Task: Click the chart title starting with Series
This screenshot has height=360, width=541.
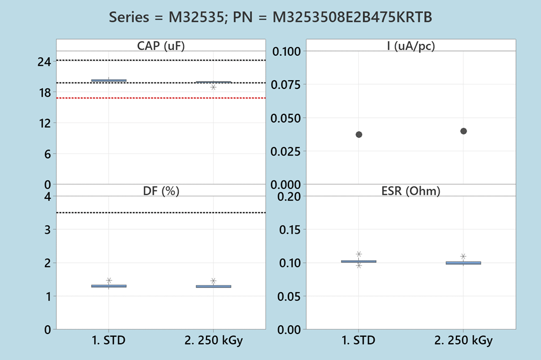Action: [270, 17]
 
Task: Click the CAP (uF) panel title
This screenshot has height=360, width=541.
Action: [160, 46]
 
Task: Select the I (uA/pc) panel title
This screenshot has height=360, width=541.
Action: [411, 46]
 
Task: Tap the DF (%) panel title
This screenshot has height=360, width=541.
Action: [160, 190]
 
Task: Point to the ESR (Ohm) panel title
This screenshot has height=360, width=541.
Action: [411, 190]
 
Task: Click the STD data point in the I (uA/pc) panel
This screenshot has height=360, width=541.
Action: [359, 134]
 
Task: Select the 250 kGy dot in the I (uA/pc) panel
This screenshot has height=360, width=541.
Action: [463, 131]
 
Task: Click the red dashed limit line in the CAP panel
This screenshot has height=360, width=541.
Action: [160, 98]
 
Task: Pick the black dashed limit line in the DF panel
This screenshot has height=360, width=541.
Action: [160, 213]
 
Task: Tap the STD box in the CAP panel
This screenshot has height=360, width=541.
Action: [109, 80]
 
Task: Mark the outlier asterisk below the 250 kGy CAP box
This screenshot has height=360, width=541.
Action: [214, 87]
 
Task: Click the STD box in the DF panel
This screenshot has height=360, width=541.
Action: [109, 286]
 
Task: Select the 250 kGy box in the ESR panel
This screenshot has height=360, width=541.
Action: [463, 263]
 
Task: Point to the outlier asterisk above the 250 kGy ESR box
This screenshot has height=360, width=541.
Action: [463, 256]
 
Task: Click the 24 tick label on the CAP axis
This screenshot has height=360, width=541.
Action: [44, 62]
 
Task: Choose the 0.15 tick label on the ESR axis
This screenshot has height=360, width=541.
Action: [289, 229]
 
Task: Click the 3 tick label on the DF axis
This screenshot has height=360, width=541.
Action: [48, 229]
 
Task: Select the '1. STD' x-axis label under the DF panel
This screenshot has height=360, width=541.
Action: [109, 341]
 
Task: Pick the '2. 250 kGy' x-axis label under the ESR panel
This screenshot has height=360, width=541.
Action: [463, 341]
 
